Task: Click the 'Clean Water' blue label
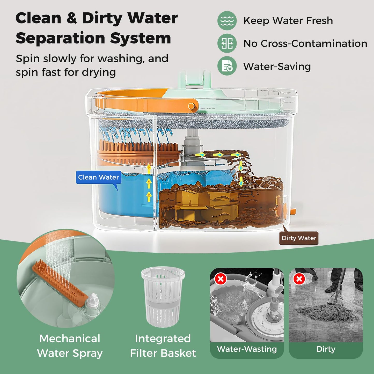tap(98, 177)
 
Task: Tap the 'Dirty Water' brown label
tap(299, 238)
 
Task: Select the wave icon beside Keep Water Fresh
tap(227, 21)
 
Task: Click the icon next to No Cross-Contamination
tap(227, 43)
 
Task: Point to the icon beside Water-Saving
tap(227, 66)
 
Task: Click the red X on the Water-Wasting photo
tap(221, 279)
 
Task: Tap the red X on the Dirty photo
tap(299, 279)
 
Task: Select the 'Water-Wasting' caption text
tap(247, 349)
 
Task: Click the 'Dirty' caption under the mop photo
tap(326, 349)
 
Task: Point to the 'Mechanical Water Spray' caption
tap(70, 346)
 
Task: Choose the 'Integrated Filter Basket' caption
tap(163, 346)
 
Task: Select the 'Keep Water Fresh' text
tap(288, 21)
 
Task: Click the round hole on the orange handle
tap(191, 106)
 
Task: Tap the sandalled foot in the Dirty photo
tap(332, 288)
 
